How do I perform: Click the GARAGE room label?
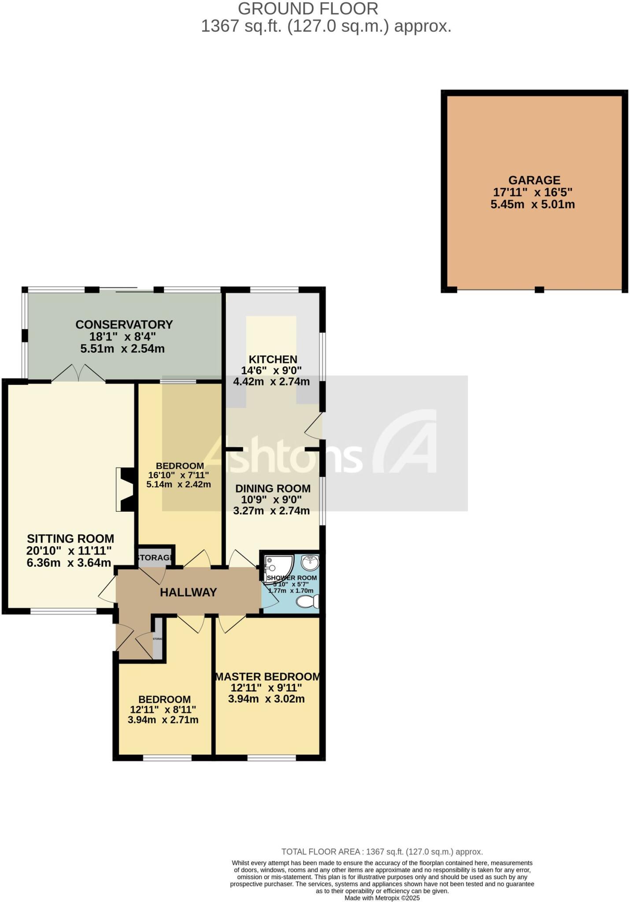534,180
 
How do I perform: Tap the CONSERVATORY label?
124,325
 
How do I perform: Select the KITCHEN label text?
273,359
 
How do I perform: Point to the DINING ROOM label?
272,488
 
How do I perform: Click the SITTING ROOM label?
70,539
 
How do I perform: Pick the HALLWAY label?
188,592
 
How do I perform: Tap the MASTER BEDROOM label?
267,676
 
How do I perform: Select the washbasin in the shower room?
310,562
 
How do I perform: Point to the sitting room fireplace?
125,489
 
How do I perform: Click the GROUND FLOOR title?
308,9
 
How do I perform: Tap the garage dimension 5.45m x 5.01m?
533,204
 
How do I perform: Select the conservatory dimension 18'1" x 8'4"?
122,337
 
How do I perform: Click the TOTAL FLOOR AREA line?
382,852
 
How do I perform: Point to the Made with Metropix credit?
382,898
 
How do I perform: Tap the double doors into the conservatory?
78,373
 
